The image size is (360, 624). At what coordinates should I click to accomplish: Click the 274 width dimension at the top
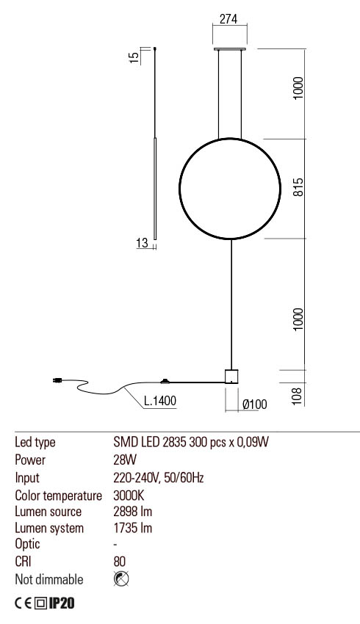coord(229,21)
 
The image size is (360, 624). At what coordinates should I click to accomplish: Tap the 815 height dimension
coord(298,188)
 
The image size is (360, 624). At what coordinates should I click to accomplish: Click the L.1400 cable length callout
coord(159,402)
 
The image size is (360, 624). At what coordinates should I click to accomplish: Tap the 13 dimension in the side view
coord(142,243)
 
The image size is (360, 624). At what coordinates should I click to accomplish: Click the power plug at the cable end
coord(57,380)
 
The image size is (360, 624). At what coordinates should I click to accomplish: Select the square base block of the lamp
coord(232,376)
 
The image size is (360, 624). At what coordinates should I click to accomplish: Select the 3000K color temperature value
coord(129,494)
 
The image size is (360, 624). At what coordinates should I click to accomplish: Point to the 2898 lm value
coord(133,511)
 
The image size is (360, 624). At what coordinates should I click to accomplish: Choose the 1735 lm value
coord(132,528)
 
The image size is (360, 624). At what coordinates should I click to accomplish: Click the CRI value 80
coord(120,562)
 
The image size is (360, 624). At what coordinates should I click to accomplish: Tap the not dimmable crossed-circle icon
coord(121,579)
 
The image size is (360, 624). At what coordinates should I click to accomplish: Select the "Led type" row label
coord(35,443)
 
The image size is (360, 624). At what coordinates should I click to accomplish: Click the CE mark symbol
coord(24,603)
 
